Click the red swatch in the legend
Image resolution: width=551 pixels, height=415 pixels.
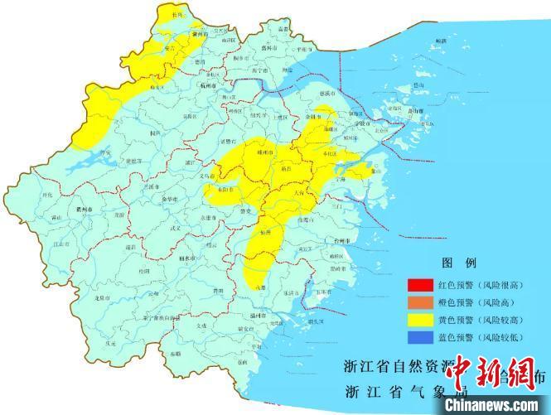pos(418,285)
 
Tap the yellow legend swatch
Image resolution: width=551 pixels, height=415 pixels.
pos(418,320)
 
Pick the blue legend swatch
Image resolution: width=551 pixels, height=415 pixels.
pos(418,337)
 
